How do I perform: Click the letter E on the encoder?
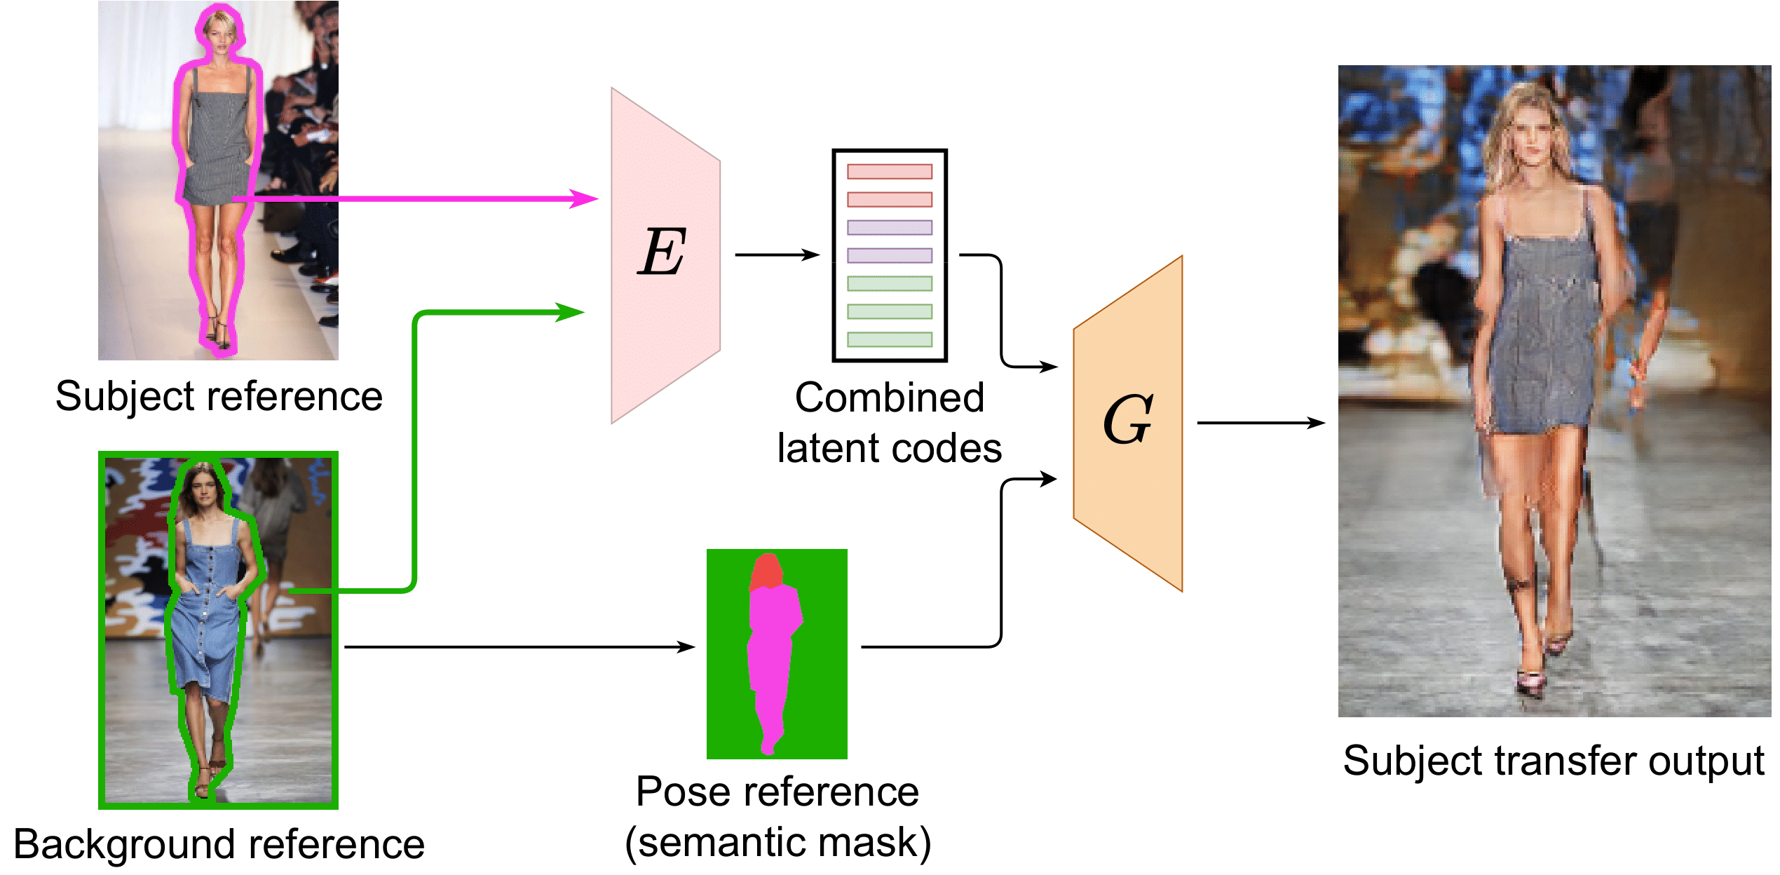click(x=662, y=252)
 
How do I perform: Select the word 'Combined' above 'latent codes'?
click(x=889, y=398)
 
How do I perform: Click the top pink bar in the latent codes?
click(x=889, y=171)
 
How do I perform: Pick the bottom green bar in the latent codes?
click(x=889, y=339)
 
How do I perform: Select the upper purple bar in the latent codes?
click(x=889, y=227)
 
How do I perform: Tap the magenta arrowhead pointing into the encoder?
click(x=585, y=198)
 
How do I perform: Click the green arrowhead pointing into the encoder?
click(x=571, y=312)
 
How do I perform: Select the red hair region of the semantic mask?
click(x=766, y=571)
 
